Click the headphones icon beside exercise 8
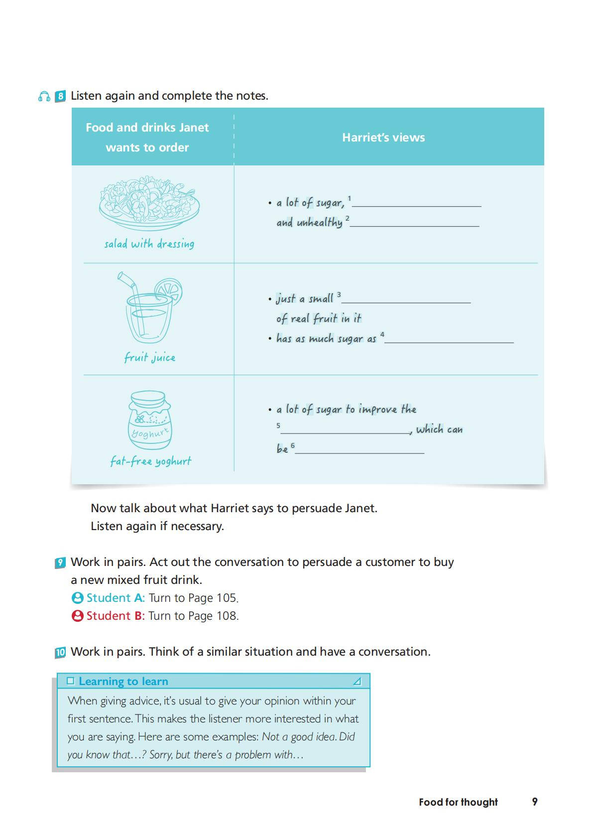tap(44, 96)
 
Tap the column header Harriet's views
tap(383, 138)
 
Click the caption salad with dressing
tap(149, 244)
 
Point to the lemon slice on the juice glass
tap(168, 289)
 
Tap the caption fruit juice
tap(149, 357)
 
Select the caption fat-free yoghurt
tap(150, 461)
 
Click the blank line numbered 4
tap(449, 341)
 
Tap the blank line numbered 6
tap(360, 452)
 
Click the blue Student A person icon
tap(77, 598)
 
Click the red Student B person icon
tap(77, 616)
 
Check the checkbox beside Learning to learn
tap(71, 681)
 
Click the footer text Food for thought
tap(458, 802)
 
